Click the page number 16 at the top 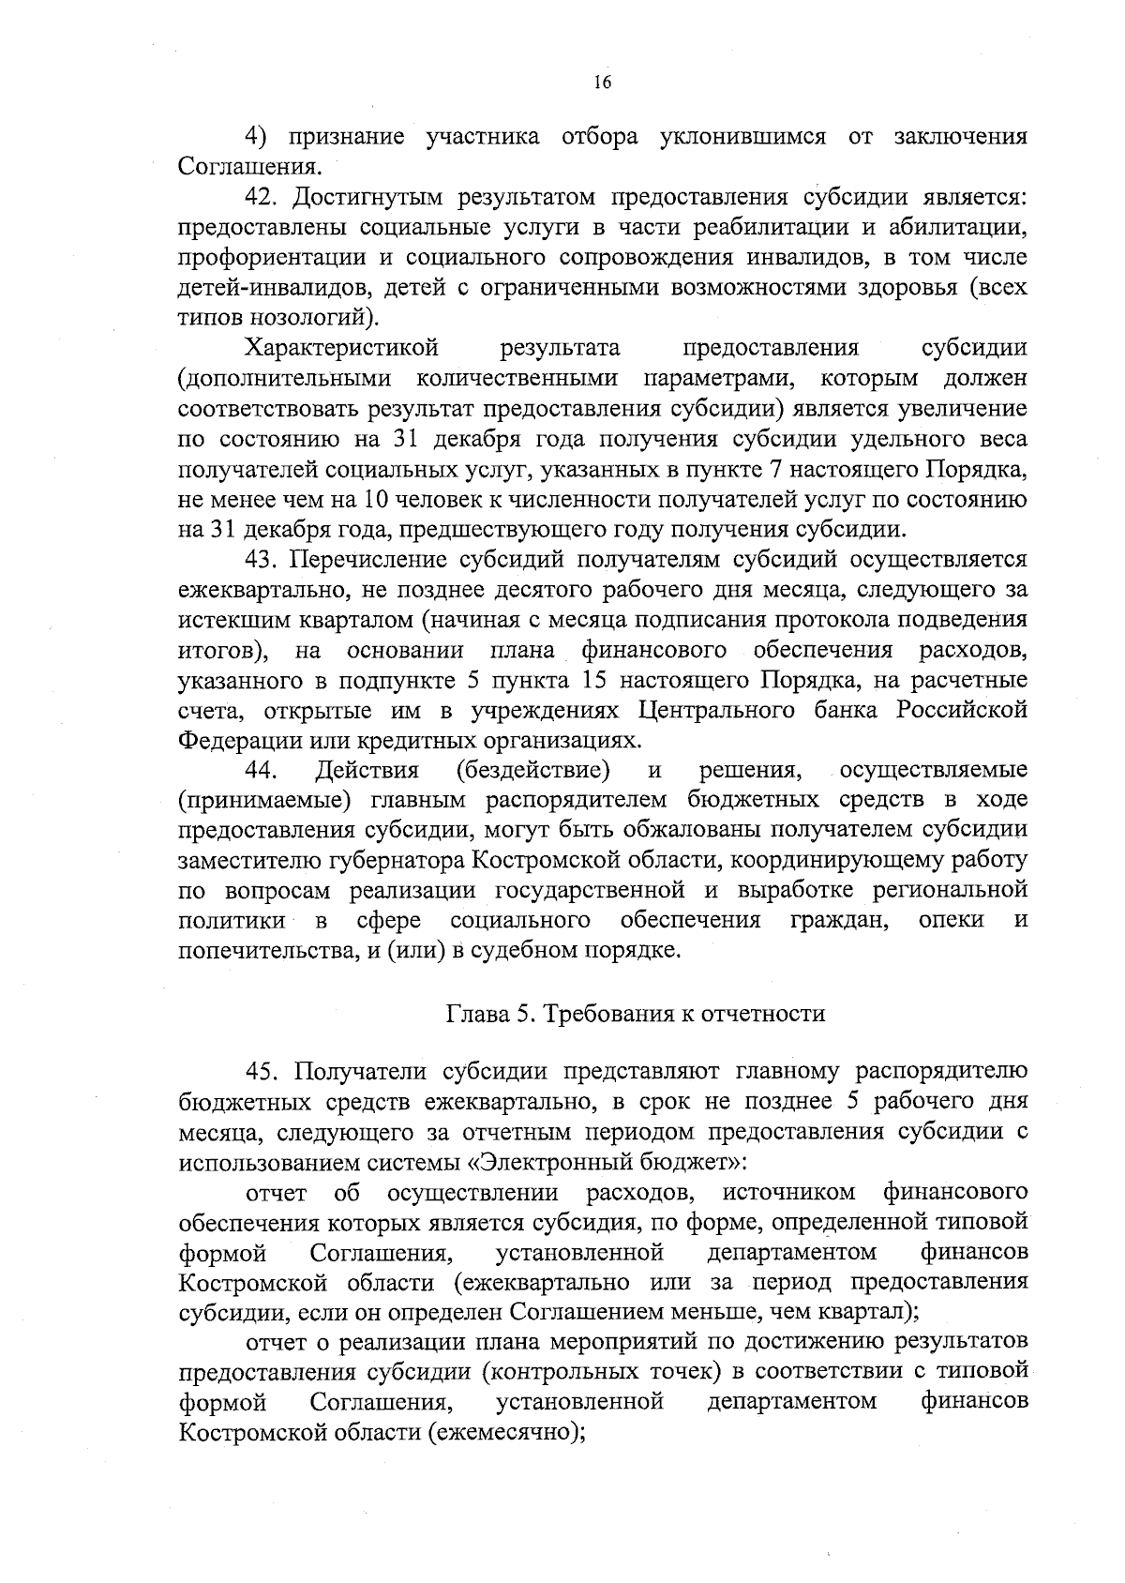[602, 83]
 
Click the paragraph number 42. [262, 198]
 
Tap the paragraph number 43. [262, 561]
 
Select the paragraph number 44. [262, 771]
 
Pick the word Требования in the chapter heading [610, 1014]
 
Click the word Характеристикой [342, 349]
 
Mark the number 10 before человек [393, 500]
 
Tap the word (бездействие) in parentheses [532, 771]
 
